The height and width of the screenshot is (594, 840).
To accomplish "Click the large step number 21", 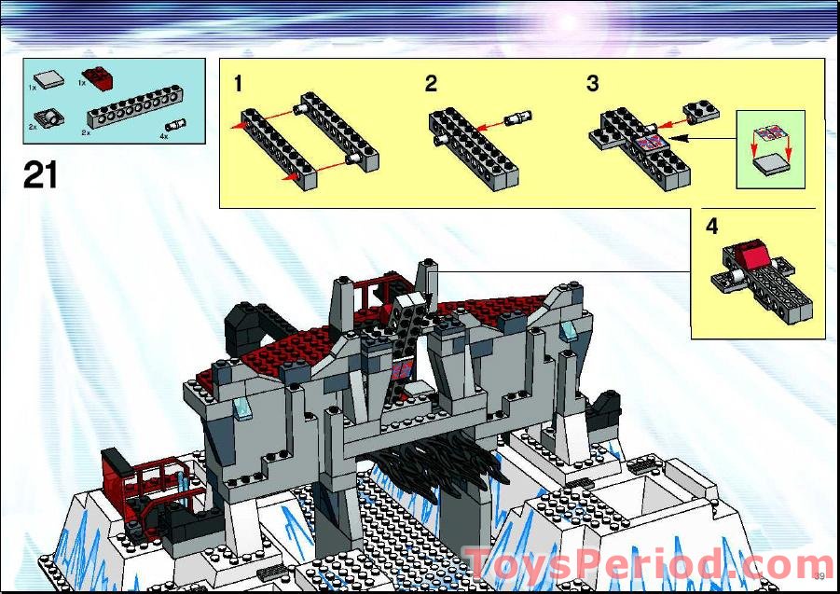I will [x=41, y=174].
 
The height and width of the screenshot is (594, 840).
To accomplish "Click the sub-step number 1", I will [x=239, y=84].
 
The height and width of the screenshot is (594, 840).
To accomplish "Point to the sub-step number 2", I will [x=431, y=84].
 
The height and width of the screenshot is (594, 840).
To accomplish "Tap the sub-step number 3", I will [x=592, y=84].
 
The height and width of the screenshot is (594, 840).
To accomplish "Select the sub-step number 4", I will [x=712, y=227].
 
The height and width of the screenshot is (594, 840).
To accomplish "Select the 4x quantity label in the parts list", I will [x=163, y=137].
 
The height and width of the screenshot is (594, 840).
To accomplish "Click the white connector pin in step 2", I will [x=519, y=118].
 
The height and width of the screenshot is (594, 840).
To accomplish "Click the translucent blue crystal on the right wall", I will [x=568, y=329].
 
